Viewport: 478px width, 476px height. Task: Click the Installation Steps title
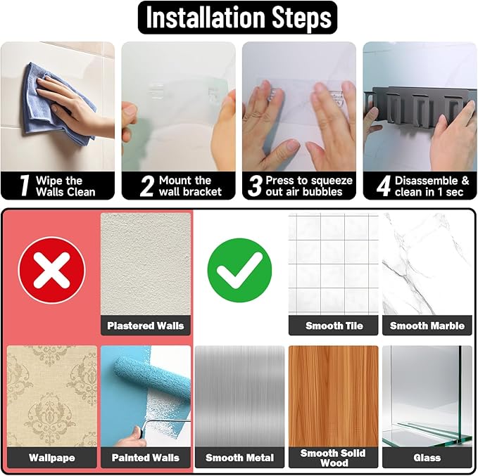coord(239,18)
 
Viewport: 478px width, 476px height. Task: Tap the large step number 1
coord(25,186)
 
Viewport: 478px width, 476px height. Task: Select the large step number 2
coord(147,186)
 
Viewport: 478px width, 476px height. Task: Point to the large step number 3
coord(255,186)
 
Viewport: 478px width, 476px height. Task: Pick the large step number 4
coord(384,186)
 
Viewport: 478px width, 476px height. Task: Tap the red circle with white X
coord(52,270)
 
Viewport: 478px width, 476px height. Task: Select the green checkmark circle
coord(239,270)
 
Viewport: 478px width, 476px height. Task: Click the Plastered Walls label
coord(146,326)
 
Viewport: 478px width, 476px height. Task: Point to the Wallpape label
coord(52,458)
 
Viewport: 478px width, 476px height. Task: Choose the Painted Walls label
coord(146,458)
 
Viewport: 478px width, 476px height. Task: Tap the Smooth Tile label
coord(334,326)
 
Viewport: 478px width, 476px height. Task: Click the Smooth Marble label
coord(427,326)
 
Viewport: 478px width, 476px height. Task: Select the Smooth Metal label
coord(239,458)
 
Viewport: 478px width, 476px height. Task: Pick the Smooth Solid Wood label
coord(333,458)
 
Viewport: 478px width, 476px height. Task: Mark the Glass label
coord(427,458)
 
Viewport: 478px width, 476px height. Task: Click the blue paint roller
coord(152,377)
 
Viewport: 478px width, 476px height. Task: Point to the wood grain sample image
coord(334,397)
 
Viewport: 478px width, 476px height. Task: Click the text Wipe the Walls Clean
coord(65,186)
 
